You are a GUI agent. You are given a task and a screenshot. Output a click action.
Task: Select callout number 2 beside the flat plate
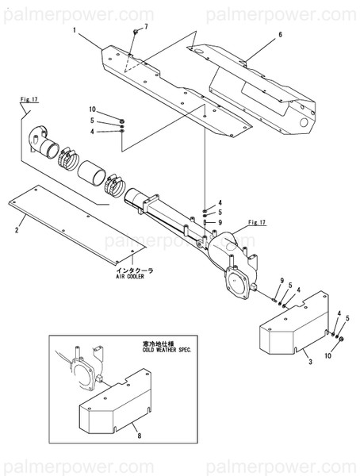click(17, 230)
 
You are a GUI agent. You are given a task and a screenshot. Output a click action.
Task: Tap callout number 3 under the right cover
click(310, 361)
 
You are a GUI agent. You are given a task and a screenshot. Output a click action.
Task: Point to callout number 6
click(280, 36)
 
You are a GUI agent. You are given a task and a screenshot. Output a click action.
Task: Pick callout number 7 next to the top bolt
click(145, 28)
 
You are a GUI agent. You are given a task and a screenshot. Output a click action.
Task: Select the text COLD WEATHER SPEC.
click(170, 349)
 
